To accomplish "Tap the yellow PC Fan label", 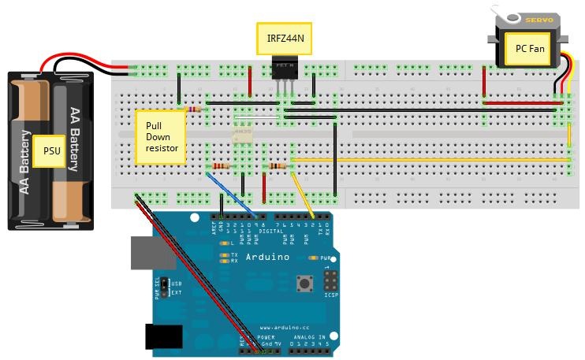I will pyautogui.click(x=530, y=48).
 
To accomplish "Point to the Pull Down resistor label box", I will pyautogui.click(x=161, y=136).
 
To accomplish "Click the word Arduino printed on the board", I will pyautogui.click(x=267, y=257).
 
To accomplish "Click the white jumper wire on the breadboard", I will pyautogui.click(x=258, y=119).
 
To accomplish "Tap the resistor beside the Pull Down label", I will pyautogui.click(x=192, y=109).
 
